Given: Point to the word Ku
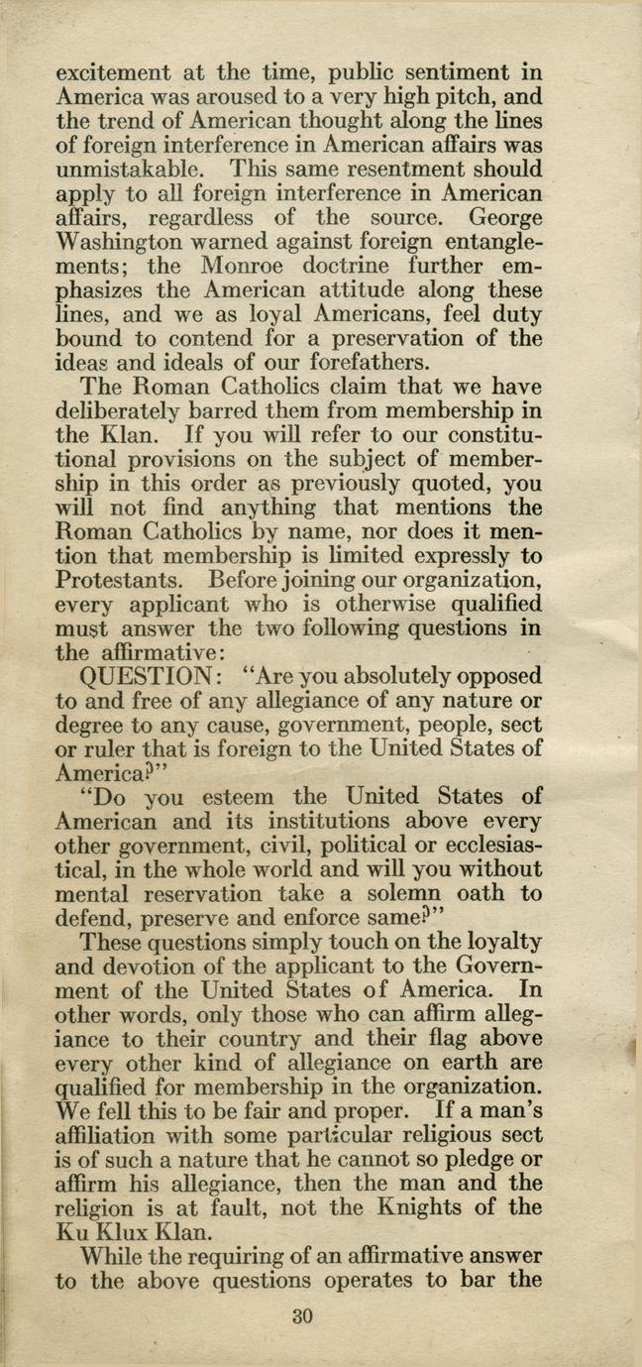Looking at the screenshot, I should pyautogui.click(x=74, y=1232).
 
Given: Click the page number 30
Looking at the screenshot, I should pyautogui.click(x=302, y=1316).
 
